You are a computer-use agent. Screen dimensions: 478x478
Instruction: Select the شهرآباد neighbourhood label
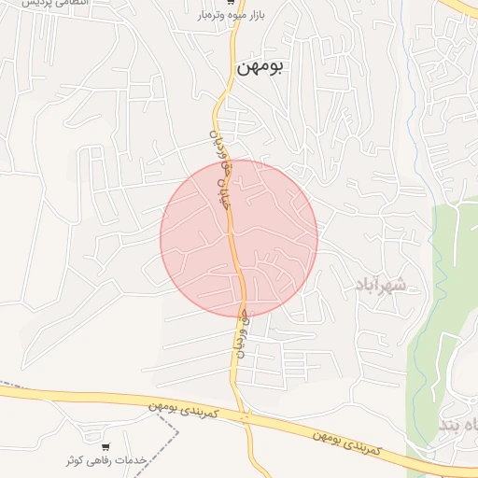pyautogui.click(x=379, y=284)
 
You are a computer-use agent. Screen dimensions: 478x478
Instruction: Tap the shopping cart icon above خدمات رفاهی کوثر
pyautogui.click(x=105, y=446)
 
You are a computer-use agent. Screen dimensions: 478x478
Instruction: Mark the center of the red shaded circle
pyautogui.click(x=239, y=238)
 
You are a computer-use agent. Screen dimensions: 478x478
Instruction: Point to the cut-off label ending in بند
pyautogui.click(x=457, y=426)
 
